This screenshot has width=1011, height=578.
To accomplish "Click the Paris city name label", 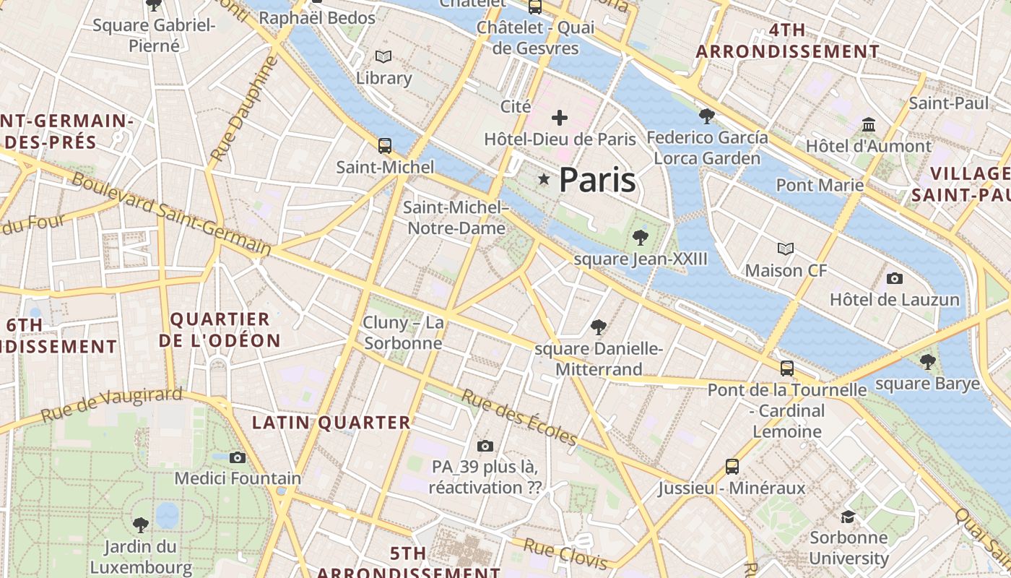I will pyautogui.click(x=597, y=180).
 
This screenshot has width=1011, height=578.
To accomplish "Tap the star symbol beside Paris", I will pyautogui.click(x=543, y=179).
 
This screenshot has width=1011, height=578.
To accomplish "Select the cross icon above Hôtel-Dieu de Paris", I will pyautogui.click(x=560, y=118).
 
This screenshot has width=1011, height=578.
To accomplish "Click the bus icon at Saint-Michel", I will pyautogui.click(x=385, y=146).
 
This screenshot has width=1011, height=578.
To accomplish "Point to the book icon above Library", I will pyautogui.click(x=383, y=56).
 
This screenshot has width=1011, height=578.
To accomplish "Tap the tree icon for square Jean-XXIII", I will pyautogui.click(x=640, y=237).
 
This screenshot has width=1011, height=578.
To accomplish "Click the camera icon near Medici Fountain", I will pyautogui.click(x=238, y=457).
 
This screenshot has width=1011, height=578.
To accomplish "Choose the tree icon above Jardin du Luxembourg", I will pyautogui.click(x=140, y=525).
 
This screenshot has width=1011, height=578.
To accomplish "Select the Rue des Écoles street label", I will pyautogui.click(x=519, y=418).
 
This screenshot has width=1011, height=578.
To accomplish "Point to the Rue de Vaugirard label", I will pyautogui.click(x=112, y=405).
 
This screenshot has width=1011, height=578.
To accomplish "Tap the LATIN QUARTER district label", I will pyautogui.click(x=331, y=423).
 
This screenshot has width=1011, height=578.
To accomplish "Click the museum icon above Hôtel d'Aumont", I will pyautogui.click(x=869, y=125).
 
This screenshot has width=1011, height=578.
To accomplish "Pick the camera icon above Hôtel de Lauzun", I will pyautogui.click(x=895, y=278).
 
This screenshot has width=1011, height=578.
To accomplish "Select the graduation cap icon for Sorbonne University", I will pyautogui.click(x=848, y=517).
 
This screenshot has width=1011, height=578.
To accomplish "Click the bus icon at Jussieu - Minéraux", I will pyautogui.click(x=732, y=467).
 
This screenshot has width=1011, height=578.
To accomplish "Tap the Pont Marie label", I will pyautogui.click(x=820, y=185).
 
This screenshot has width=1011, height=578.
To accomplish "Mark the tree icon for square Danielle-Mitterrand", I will pyautogui.click(x=598, y=327).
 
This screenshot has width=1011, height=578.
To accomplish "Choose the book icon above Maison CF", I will pyautogui.click(x=786, y=249).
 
